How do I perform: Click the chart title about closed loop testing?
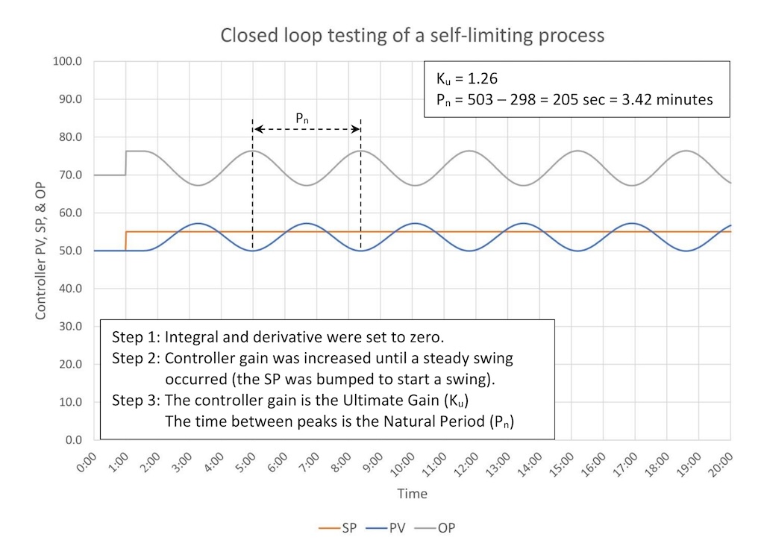(412, 35)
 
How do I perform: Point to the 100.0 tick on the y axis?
(69, 61)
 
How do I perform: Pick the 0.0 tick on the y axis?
(73, 440)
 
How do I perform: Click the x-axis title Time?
(412, 494)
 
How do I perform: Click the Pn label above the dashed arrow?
(302, 117)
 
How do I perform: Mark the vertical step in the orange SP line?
(125, 241)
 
